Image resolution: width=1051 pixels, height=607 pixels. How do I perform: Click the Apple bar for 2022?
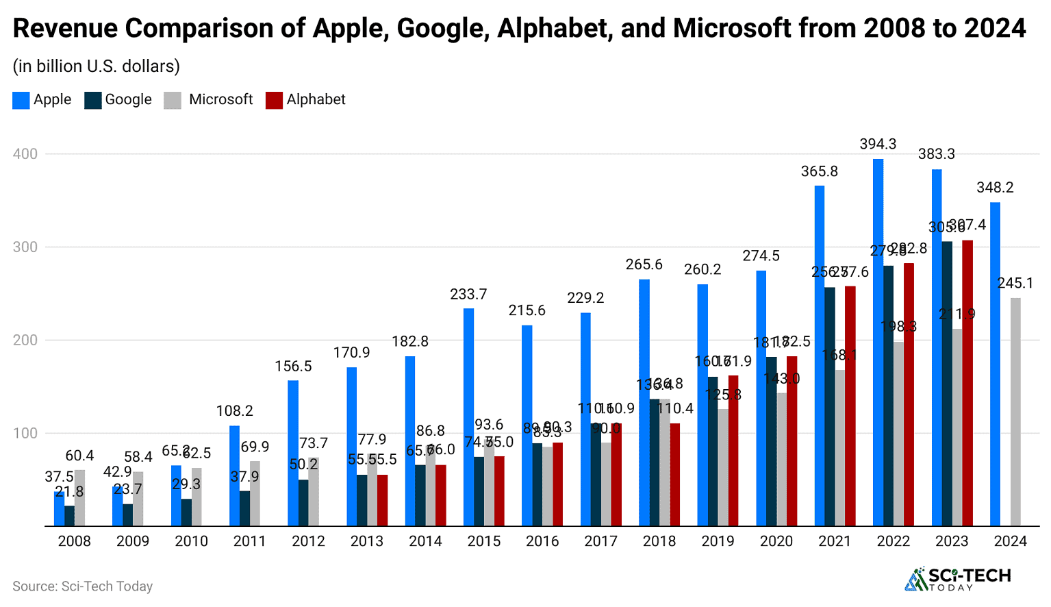point(878,343)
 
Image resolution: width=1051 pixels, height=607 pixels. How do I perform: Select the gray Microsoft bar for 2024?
point(1015,412)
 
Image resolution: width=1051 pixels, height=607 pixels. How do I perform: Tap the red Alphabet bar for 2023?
point(967,383)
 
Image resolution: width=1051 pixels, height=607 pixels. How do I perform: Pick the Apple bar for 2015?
point(468,417)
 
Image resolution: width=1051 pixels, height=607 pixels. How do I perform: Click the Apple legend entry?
point(42,100)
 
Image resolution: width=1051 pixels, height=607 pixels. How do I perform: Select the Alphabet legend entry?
point(305,100)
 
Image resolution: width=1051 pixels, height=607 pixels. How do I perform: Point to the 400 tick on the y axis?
point(25,153)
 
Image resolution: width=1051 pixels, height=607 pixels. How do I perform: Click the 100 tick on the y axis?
point(25,433)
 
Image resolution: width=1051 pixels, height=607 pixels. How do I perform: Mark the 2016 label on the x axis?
point(542,541)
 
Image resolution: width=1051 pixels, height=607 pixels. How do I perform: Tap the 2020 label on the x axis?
point(776,541)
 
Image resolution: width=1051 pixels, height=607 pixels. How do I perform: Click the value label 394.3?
point(878,145)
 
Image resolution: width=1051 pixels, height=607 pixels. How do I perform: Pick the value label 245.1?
point(1015,283)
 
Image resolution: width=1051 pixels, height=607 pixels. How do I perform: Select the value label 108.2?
point(235,411)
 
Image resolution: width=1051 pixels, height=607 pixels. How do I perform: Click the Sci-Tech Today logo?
point(958,579)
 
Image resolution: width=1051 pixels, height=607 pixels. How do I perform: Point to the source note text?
point(82,586)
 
